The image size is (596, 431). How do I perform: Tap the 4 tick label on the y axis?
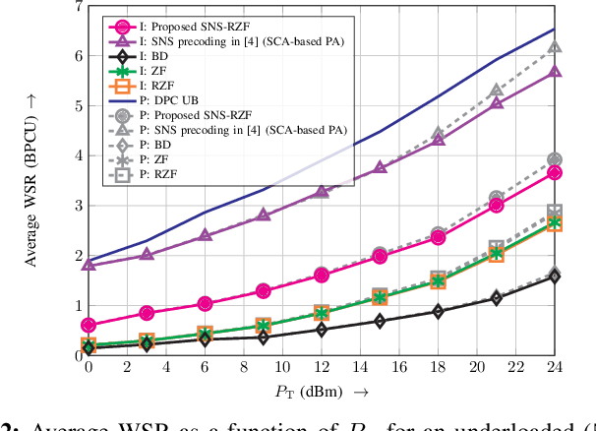tap(78, 155)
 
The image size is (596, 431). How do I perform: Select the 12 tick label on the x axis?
tap(321, 367)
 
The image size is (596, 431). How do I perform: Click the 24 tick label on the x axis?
tap(555, 367)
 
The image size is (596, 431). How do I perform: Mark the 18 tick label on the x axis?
tap(438, 367)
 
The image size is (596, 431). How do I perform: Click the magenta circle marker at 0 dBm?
tap(89, 325)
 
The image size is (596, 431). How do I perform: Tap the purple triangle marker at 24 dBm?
tap(555, 72)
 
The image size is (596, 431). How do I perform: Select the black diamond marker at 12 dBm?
tap(322, 329)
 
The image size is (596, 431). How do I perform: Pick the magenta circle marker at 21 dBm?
tap(497, 205)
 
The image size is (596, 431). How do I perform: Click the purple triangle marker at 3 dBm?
tap(147, 254)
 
